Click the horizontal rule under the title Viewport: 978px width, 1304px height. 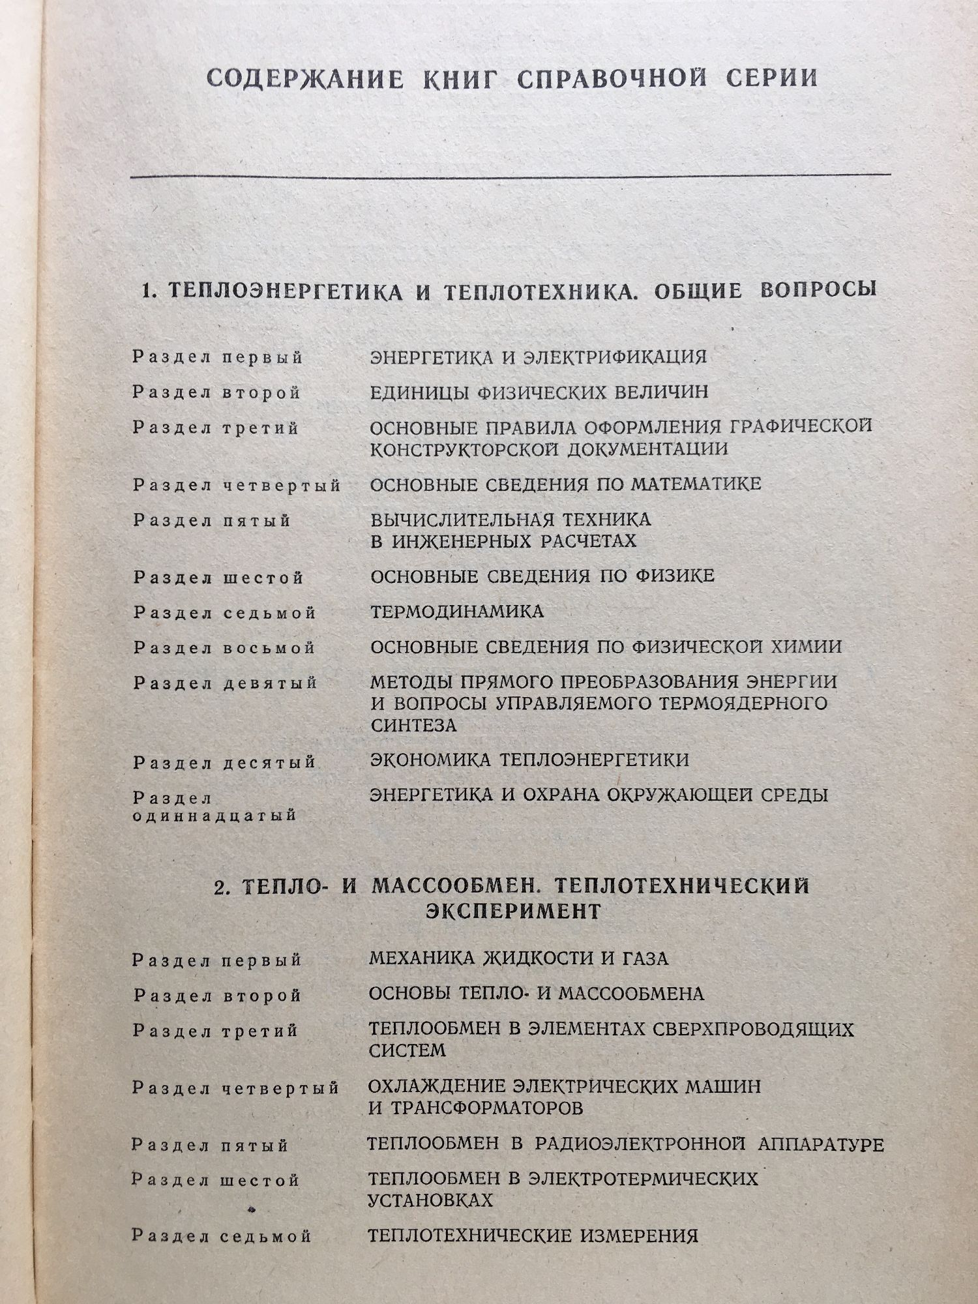511,175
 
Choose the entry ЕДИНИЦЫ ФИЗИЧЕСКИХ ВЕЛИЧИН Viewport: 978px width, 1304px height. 539,393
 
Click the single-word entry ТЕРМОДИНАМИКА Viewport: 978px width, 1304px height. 456,612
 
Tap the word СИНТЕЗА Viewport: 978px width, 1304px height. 413,725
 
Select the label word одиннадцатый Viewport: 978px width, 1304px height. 215,816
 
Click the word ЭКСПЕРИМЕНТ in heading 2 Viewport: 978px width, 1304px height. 513,911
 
